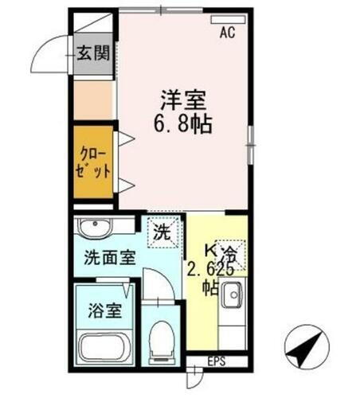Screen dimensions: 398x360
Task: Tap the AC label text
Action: coord(228,33)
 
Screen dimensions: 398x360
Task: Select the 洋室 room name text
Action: coord(184,102)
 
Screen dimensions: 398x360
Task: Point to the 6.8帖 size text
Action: coord(184,124)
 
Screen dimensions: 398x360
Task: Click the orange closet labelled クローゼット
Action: coord(94,162)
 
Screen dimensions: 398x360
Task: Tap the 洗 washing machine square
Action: coord(162,233)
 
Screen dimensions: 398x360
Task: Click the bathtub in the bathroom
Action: coord(106,347)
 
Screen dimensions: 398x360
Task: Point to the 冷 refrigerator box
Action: coord(230,254)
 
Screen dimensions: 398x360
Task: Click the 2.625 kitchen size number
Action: coord(210,269)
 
